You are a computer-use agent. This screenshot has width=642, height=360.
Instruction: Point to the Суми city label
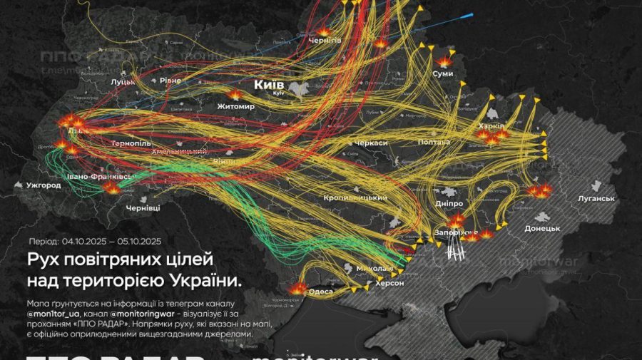tap(442, 74)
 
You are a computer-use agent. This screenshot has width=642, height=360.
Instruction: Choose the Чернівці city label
tap(143, 207)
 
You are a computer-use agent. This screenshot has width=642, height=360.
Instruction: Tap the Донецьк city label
tap(542, 228)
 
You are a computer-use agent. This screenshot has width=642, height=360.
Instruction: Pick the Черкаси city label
tap(371, 143)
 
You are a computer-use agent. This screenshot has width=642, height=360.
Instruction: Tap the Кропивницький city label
tap(355, 197)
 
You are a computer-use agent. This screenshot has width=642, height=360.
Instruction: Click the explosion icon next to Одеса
tap(299, 289)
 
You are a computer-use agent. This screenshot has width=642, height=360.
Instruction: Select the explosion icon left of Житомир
tap(235, 94)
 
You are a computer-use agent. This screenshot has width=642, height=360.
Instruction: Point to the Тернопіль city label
tap(131, 143)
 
